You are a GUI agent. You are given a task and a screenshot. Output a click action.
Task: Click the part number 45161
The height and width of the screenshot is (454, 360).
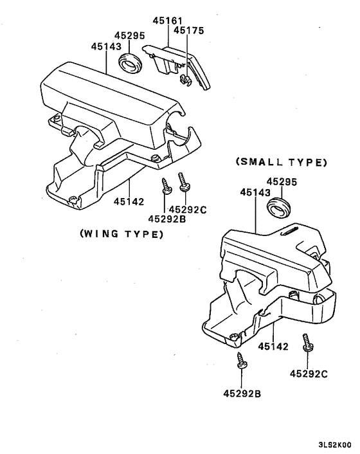tap(166, 21)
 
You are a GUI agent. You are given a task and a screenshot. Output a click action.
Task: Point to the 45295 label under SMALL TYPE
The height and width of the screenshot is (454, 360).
tap(281, 182)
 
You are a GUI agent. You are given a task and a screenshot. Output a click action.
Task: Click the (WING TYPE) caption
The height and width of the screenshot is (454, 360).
tap(121, 234)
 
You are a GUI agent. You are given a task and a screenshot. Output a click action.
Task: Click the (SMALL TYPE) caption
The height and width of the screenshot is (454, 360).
tap(282, 162)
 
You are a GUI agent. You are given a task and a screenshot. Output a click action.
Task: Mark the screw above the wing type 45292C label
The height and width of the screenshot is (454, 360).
tap(184, 181)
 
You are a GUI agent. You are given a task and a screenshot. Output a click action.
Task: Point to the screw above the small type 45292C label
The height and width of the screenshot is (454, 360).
tap(307, 342)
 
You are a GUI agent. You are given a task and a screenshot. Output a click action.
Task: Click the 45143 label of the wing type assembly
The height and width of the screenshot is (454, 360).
tap(106, 46)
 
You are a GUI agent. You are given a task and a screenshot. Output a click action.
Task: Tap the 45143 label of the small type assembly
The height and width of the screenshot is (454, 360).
tap(255, 192)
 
